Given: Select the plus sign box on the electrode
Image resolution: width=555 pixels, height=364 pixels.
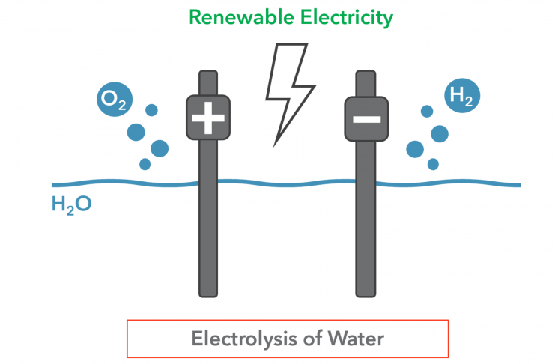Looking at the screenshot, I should [208, 118].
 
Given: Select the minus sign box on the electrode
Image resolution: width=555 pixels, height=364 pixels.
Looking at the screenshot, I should [366, 118].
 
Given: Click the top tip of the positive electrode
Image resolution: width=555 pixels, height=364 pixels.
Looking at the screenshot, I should [208, 73].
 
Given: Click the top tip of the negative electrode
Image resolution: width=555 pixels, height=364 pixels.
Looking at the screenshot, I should [366, 73].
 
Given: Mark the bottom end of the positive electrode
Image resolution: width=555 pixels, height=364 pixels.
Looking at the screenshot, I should [208, 292].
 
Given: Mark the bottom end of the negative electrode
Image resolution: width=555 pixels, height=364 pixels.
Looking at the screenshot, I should [366, 292].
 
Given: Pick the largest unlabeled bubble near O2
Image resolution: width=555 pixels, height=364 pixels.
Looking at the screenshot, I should [160, 148].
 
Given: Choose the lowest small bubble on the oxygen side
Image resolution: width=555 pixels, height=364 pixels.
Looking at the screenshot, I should [145, 164].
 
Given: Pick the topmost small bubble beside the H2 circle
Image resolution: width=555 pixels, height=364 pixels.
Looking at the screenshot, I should [427, 112].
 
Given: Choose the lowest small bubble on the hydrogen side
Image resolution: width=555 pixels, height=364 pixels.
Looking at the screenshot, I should [432, 164].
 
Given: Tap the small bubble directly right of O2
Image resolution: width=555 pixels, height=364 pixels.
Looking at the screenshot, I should [151, 111].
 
